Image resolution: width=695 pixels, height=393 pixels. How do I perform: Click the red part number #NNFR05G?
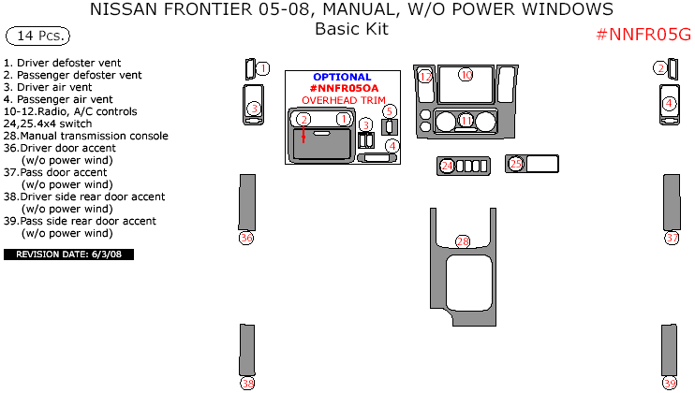(x=643, y=36)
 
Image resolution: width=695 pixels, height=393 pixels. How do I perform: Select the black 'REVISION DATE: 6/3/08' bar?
(x=69, y=254)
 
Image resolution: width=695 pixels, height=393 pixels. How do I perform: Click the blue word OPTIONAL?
(x=342, y=77)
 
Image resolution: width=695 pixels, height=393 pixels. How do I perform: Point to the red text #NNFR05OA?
(x=342, y=88)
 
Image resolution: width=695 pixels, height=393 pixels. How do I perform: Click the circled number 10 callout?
(x=466, y=75)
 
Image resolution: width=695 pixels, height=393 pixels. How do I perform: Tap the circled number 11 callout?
(x=466, y=121)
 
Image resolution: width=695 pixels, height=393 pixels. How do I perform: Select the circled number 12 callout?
(x=426, y=76)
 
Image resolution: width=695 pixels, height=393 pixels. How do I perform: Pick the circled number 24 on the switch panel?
(x=448, y=166)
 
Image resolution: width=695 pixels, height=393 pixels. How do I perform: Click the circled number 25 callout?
(x=516, y=164)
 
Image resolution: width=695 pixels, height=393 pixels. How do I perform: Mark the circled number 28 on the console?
(x=463, y=241)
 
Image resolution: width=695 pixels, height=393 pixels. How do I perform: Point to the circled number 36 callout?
(x=247, y=238)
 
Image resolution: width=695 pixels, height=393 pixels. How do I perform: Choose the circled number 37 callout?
(x=672, y=238)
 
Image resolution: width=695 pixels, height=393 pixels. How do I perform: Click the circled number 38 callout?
(x=247, y=383)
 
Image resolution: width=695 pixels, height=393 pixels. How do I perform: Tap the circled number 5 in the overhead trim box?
(x=390, y=111)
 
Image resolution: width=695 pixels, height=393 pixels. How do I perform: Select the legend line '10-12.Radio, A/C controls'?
(x=70, y=111)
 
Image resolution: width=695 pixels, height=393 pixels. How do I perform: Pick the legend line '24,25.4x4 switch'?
(x=48, y=124)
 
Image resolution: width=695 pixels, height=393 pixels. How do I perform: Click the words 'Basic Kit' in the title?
(x=351, y=29)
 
